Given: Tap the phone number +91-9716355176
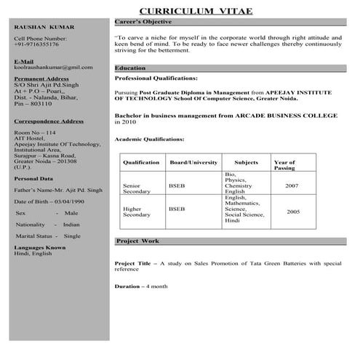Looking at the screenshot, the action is coord(37,44).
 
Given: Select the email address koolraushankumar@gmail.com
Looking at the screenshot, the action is coord(49,67).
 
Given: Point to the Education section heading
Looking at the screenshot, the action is coord(131,68).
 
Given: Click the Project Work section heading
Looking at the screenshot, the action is coord(137,241).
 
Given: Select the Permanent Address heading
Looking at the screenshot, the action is coord(42,76).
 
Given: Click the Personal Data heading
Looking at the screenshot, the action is coord(33,178).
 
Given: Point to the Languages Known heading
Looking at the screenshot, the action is coord(40,247).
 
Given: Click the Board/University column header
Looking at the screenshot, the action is coord(193,162).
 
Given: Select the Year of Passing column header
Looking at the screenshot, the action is coord(284,165).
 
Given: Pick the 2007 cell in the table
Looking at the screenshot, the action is coord(292,186).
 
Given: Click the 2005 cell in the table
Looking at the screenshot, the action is coord(292,212).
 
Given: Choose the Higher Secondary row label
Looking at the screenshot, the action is coord(137,212).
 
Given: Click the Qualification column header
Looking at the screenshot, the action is coord(141,162).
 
